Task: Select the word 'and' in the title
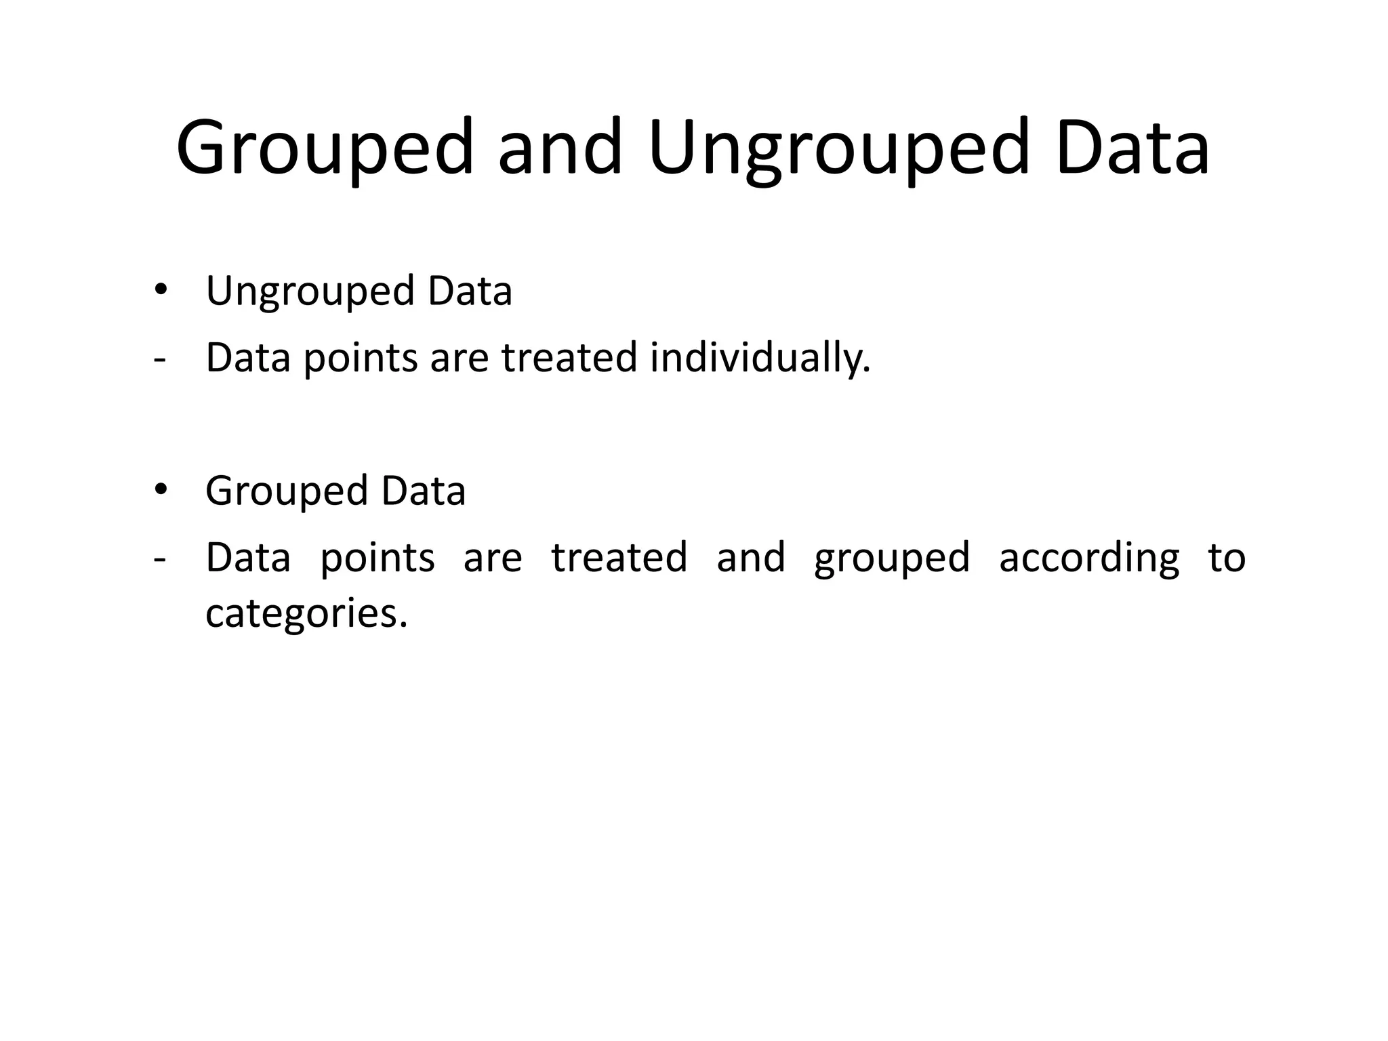[x=560, y=148]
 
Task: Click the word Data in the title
[x=1132, y=148]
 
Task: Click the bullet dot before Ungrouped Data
[x=160, y=290]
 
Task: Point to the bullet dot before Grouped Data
[x=160, y=489]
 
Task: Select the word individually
[x=760, y=358]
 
